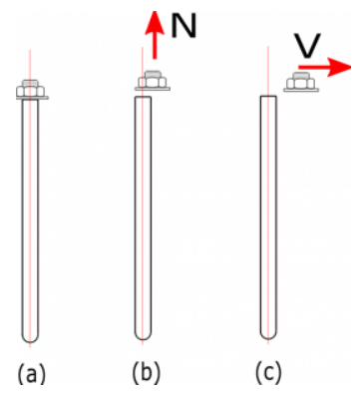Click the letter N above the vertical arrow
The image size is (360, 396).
[x=183, y=26]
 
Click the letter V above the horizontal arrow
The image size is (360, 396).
[x=307, y=45]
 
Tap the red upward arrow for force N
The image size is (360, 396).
[x=155, y=35]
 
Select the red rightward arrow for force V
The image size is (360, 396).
[x=324, y=67]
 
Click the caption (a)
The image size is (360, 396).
[x=31, y=373]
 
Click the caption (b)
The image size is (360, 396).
[x=147, y=372]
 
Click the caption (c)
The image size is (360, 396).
[x=268, y=372]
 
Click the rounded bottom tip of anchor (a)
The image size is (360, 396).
[x=30, y=340]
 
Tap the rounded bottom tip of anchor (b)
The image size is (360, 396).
[x=143, y=338]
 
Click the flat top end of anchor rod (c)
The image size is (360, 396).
[x=268, y=96]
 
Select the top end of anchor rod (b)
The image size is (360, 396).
[x=143, y=97]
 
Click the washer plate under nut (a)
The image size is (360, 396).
[x=32, y=98]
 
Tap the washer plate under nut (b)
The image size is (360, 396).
[x=153, y=89]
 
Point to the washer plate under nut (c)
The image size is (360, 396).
[x=301, y=90]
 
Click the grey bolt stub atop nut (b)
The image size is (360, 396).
[x=153, y=74]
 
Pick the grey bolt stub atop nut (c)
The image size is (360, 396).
[x=301, y=76]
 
